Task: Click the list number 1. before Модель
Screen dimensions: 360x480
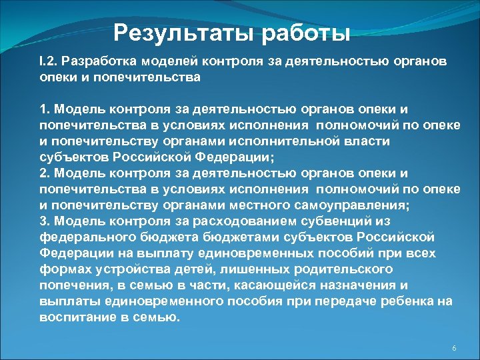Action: click(45, 109)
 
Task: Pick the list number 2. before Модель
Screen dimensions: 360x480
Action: click(45, 173)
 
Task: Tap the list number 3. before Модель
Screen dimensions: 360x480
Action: click(45, 221)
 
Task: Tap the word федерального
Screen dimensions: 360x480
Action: click(87, 237)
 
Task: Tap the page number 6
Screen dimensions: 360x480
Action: click(454, 349)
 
